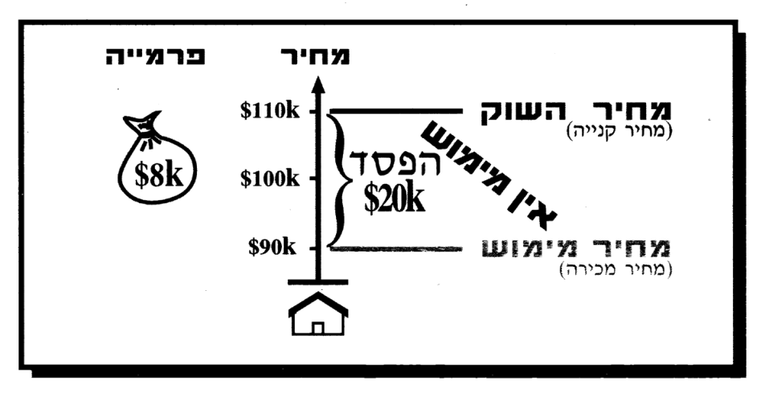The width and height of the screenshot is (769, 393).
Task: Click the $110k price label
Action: pos(270,112)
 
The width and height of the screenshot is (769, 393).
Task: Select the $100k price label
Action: pos(270,179)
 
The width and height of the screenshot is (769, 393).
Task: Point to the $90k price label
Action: pos(272,248)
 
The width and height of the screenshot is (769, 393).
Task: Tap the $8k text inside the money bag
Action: pos(159,176)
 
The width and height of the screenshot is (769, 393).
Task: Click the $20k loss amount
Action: pos(395,199)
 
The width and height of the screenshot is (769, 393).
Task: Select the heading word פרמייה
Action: pos(155,56)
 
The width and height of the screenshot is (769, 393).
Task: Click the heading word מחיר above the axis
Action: pos(315,56)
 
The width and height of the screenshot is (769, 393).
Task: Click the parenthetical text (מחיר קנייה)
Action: pos(619,133)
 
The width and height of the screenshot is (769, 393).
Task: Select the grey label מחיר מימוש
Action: pos(576,248)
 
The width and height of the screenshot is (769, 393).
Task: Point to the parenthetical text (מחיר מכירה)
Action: pos(616,269)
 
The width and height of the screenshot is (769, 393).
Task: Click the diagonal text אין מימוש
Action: pos(489,174)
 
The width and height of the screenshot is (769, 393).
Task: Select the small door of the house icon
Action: pos(317,328)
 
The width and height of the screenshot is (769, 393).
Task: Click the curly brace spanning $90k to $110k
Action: pos(338,180)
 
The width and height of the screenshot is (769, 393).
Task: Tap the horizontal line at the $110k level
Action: pos(395,113)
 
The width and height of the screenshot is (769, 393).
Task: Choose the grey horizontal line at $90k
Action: pos(395,249)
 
